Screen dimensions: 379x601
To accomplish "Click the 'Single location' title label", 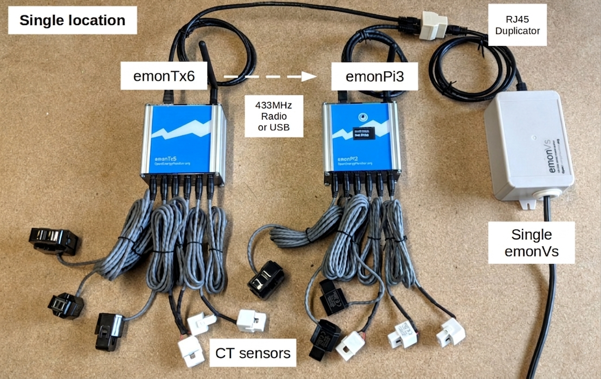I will coord(72,20).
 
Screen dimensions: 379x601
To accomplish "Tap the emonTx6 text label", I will coord(164,77).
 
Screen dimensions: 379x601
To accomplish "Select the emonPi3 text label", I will coord(375,77).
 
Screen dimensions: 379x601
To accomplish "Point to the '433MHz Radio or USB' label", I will coord(274,116).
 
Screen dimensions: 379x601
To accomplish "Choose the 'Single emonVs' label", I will coord(531,242).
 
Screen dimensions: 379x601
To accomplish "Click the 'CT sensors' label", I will coord(253,353).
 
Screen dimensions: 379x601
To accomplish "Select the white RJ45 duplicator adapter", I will coord(433,25).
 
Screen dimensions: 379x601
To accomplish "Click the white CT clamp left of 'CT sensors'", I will coord(191,351).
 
